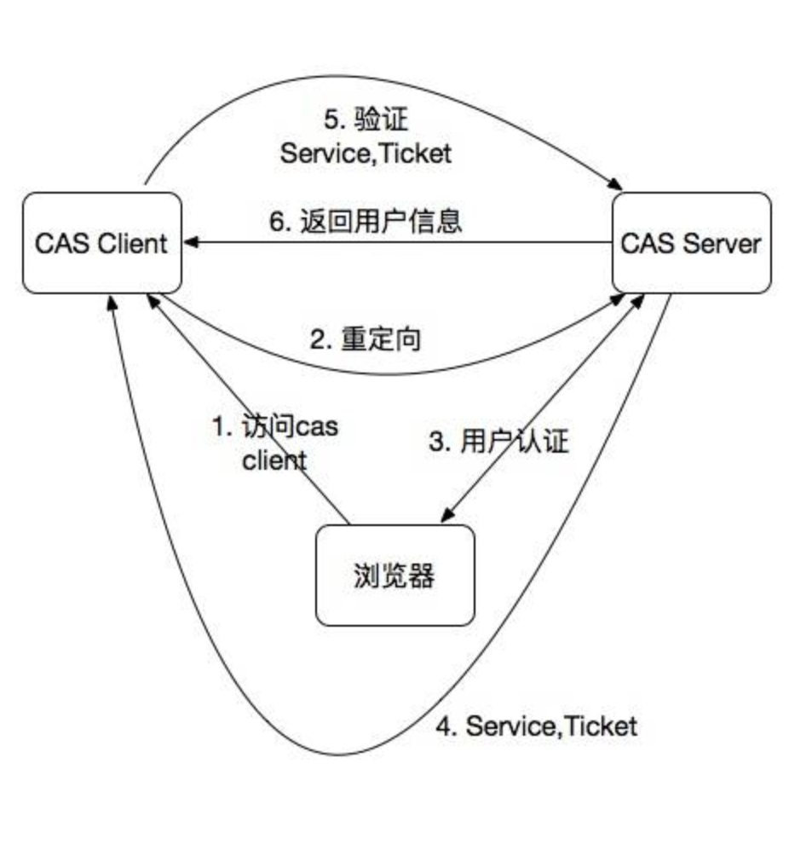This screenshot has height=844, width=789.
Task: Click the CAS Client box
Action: pyautogui.click(x=101, y=243)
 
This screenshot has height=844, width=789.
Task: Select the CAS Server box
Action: pyautogui.click(x=691, y=243)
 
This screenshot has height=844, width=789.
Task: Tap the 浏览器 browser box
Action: pyautogui.click(x=394, y=575)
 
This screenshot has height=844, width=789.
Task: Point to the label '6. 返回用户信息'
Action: pyautogui.click(x=366, y=221)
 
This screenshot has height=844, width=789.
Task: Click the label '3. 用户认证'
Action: pyautogui.click(x=498, y=442)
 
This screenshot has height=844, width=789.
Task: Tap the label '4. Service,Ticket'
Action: pyautogui.click(x=536, y=726)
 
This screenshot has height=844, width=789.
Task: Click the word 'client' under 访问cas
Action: pyautogui.click(x=274, y=460)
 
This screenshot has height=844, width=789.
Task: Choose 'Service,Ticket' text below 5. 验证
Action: pyautogui.click(x=366, y=153)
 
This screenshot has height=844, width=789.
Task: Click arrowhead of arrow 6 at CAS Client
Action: pyautogui.click(x=189, y=244)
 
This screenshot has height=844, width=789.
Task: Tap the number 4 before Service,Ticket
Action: pyautogui.click(x=443, y=726)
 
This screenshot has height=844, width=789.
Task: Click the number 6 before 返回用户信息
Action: pyautogui.click(x=277, y=222)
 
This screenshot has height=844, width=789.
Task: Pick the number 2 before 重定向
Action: pyautogui.click(x=318, y=340)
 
